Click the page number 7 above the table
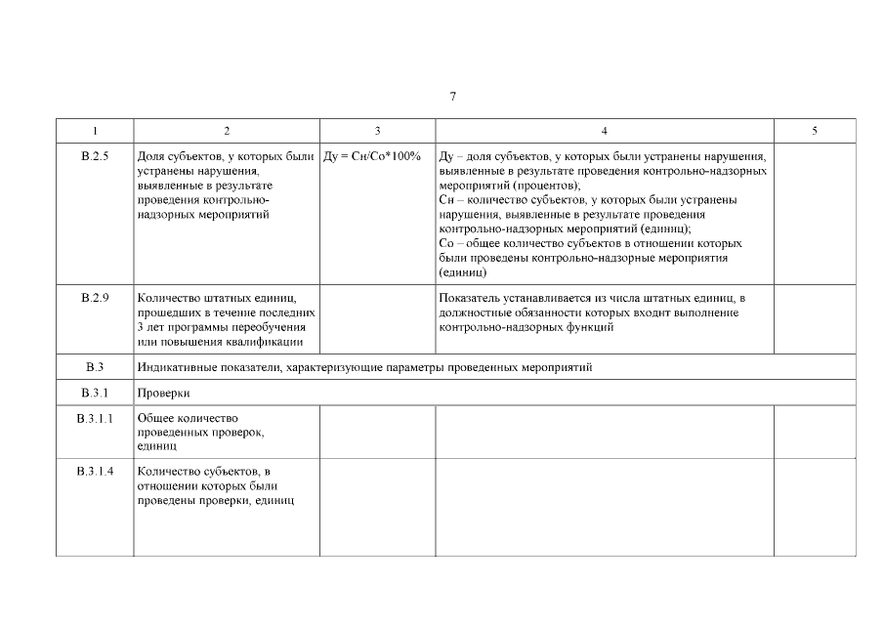coord(453,97)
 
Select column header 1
coord(95,131)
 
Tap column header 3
coord(377,131)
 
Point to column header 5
coord(814,131)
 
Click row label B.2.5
coord(95,156)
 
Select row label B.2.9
coord(95,298)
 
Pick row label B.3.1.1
coord(95,418)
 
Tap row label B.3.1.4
coord(95,473)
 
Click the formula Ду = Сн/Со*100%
coord(372,156)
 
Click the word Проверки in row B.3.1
coord(163,394)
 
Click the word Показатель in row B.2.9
coord(472,298)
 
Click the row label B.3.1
coord(95,394)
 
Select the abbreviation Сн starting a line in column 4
coord(448,199)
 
